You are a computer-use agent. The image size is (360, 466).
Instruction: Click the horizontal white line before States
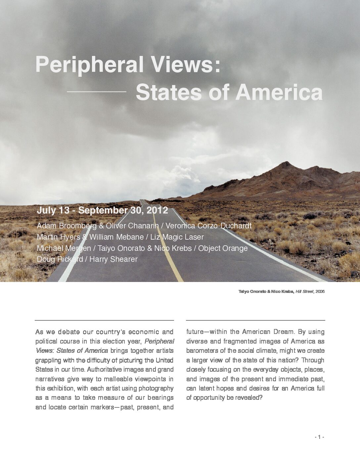pyautogui.click(x=96, y=91)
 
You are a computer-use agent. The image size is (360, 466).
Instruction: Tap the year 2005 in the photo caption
pyautogui.click(x=320, y=292)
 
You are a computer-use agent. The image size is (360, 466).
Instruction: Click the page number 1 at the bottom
pyautogui.click(x=319, y=437)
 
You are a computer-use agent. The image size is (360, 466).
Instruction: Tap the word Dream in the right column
pyautogui.click(x=285, y=332)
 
